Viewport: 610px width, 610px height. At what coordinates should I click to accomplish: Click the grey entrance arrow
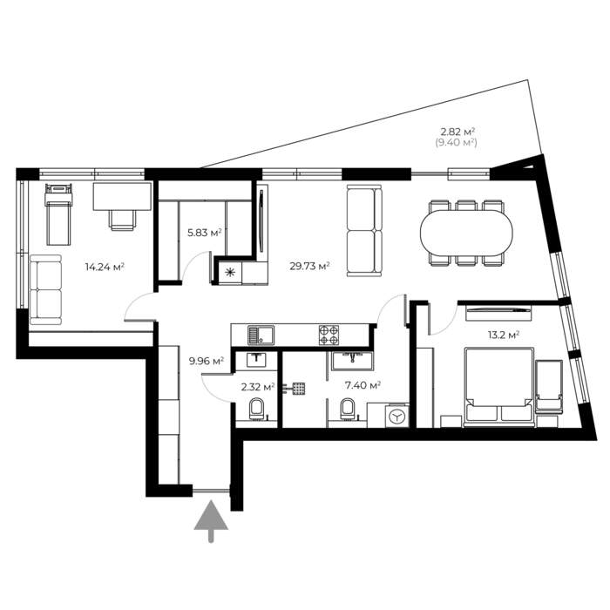pyautogui.click(x=211, y=521)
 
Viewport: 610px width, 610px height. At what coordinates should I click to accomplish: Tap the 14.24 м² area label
pyautogui.click(x=105, y=267)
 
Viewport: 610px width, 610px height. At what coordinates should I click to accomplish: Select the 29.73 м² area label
pyautogui.click(x=309, y=266)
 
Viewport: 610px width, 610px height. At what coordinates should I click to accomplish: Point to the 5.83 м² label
pyautogui.click(x=205, y=233)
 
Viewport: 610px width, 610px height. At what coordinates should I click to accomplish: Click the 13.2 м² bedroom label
pyautogui.click(x=504, y=335)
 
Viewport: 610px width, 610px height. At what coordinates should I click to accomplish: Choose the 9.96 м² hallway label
pyautogui.click(x=207, y=361)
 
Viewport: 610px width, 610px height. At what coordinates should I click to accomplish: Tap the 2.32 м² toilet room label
pyautogui.click(x=258, y=387)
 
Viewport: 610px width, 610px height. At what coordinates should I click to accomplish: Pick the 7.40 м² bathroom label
pyautogui.click(x=363, y=385)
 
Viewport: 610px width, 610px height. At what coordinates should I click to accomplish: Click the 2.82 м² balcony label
pyautogui.click(x=457, y=132)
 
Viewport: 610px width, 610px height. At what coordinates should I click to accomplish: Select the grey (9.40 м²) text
pyautogui.click(x=456, y=143)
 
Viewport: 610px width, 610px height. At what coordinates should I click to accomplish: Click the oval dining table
pyautogui.click(x=466, y=233)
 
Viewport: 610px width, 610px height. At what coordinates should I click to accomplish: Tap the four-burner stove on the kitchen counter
pyautogui.click(x=329, y=335)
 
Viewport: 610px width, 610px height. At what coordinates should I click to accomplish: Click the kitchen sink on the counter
pyautogui.click(x=261, y=335)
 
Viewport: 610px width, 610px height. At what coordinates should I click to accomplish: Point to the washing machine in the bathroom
pyautogui.click(x=397, y=417)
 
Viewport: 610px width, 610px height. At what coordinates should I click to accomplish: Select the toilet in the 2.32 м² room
pyautogui.click(x=256, y=410)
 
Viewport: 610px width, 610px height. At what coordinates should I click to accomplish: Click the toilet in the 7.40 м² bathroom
pyautogui.click(x=348, y=410)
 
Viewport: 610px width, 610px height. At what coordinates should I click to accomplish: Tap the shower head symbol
pyautogui.click(x=298, y=389)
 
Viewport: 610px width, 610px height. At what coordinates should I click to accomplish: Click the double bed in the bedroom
pyautogui.click(x=498, y=388)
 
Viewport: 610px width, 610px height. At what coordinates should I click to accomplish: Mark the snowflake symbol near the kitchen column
pyautogui.click(x=230, y=272)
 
